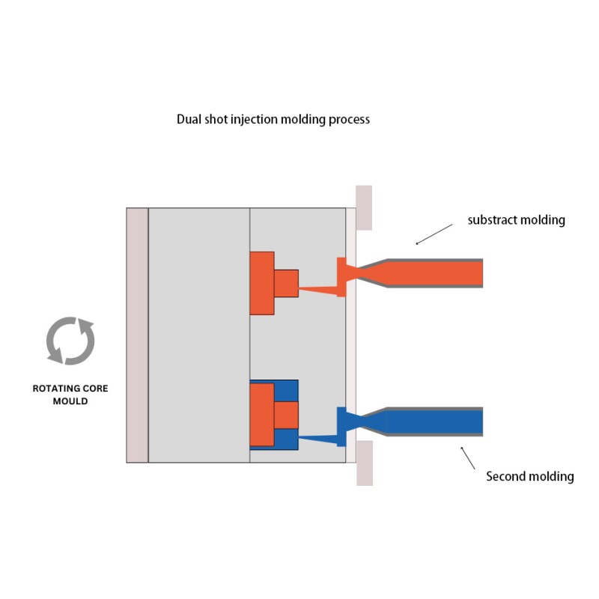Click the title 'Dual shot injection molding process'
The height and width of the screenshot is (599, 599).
tap(273, 120)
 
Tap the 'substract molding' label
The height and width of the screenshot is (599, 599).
tap(516, 220)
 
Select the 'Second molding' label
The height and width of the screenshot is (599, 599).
tap(530, 476)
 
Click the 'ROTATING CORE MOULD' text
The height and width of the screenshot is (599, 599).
tap(70, 395)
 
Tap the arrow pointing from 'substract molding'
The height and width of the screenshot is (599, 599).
tap(434, 234)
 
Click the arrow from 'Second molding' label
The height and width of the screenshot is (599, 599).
tap(467, 457)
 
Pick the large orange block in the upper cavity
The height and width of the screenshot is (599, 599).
tap(261, 283)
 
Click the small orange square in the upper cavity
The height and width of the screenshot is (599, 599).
tap(286, 284)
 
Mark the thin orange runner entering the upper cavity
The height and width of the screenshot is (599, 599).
tap(317, 291)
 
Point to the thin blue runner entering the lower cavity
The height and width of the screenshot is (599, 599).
tap(317, 440)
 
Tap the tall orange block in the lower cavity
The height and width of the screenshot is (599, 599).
tap(261, 415)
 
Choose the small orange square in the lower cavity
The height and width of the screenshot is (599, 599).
tap(286, 415)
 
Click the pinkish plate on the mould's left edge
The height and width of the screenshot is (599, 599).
tap(137, 335)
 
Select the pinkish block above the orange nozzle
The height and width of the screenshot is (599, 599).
tap(364, 208)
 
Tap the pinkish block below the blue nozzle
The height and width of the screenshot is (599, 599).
tap(365, 463)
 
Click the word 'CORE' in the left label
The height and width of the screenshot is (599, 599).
tap(96, 389)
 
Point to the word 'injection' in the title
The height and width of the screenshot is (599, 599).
tap(254, 120)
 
